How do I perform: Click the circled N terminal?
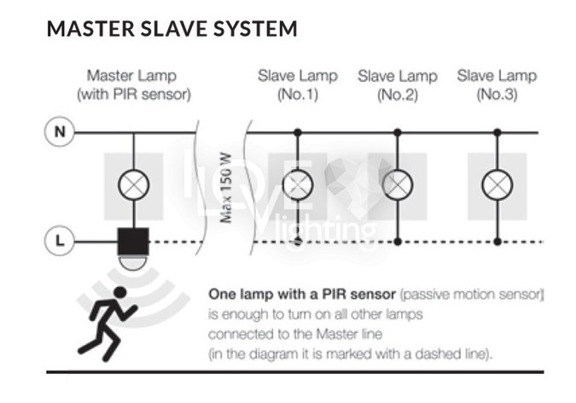59,132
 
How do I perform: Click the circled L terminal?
59,242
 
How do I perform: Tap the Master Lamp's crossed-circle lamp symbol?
132,184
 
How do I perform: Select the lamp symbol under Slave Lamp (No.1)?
297,184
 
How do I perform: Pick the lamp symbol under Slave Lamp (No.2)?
397,184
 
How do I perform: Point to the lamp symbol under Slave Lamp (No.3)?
497,184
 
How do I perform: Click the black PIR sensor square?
132,241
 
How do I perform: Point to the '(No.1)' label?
298,95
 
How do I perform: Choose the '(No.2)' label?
398,95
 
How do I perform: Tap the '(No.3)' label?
497,95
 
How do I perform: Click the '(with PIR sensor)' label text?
133,95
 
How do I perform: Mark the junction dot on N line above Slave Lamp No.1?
297,132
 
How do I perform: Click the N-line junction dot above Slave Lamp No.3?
497,132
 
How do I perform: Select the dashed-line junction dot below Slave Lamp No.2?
397,242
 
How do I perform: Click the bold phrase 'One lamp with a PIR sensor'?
302,294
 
